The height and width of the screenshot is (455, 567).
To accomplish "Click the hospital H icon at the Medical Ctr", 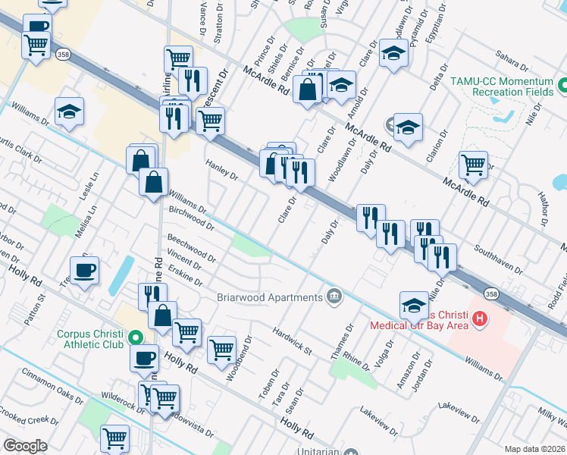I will pyautogui.click(x=478, y=320).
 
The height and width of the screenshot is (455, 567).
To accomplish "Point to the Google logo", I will pyautogui.click(x=25, y=445).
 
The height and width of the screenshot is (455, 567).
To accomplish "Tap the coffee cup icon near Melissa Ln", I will pyautogui.click(x=84, y=268).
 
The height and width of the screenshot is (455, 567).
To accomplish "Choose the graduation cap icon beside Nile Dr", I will pyautogui.click(x=414, y=304).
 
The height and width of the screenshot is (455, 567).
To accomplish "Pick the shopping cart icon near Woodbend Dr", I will pyautogui.click(x=221, y=349).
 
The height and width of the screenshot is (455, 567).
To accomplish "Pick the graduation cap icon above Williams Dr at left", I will pyautogui.click(x=69, y=111).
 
